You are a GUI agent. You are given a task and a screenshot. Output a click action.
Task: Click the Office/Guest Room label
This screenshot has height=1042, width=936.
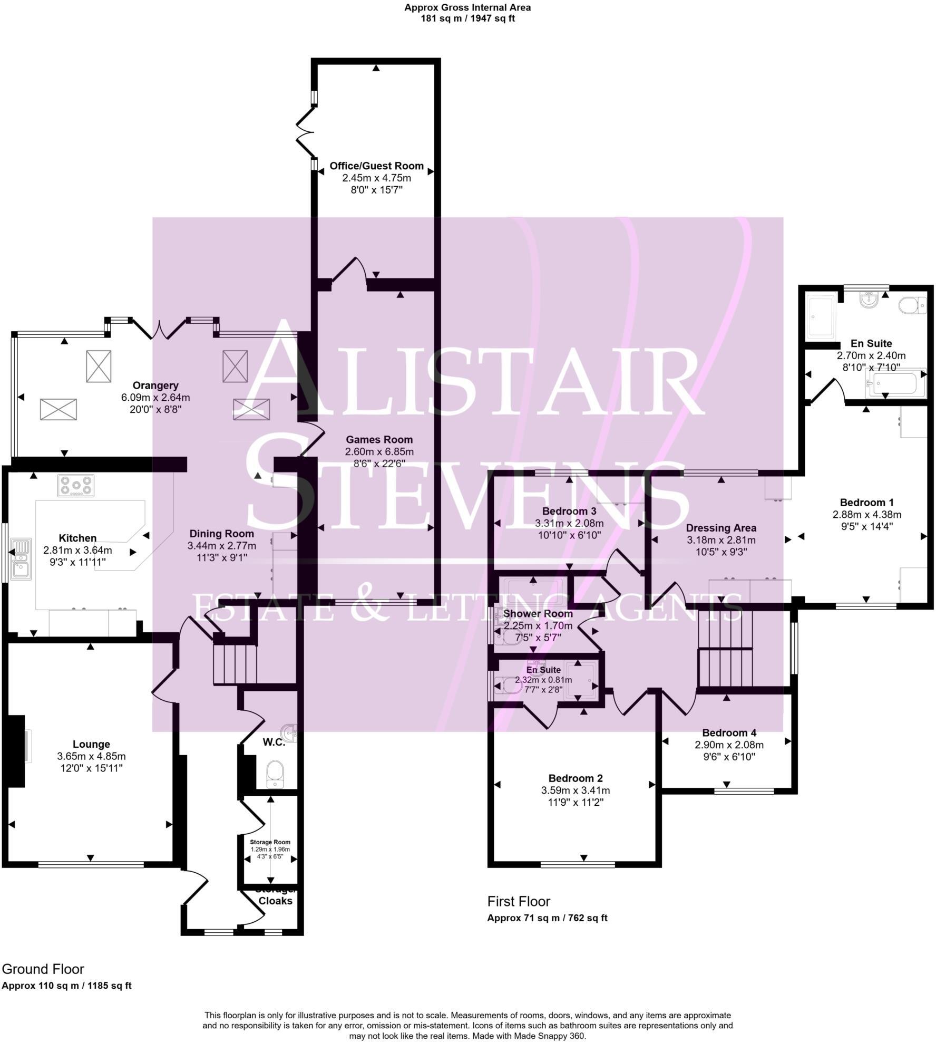(376, 166)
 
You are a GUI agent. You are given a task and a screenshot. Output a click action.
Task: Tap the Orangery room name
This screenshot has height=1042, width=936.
(155, 385)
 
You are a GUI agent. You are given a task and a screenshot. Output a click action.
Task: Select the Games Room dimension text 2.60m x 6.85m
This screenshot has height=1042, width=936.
(379, 451)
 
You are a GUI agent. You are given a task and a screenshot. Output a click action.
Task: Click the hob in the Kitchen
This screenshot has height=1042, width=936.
(76, 485)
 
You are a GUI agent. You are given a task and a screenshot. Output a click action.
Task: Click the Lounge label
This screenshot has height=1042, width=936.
(91, 744)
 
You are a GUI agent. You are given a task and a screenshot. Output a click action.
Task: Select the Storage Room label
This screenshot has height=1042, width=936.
(270, 842)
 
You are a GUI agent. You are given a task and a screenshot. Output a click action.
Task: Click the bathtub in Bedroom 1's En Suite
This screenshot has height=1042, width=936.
(895, 382)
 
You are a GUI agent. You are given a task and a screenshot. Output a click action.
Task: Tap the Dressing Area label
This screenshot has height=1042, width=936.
(721, 528)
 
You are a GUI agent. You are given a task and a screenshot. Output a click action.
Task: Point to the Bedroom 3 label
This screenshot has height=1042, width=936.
(569, 511)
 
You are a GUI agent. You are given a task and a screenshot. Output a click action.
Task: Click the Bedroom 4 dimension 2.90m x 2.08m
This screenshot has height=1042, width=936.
(729, 745)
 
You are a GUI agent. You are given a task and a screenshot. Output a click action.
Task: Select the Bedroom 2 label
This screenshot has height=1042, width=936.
(576, 778)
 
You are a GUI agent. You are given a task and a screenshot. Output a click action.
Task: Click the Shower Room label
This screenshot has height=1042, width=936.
(538, 614)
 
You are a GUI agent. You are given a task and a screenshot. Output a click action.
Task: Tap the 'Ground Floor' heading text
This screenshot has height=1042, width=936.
(43, 969)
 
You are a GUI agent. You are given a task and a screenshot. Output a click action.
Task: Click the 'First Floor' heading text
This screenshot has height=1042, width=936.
(519, 901)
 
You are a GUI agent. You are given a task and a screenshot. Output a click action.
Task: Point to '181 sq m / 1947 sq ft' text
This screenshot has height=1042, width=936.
(467, 18)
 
